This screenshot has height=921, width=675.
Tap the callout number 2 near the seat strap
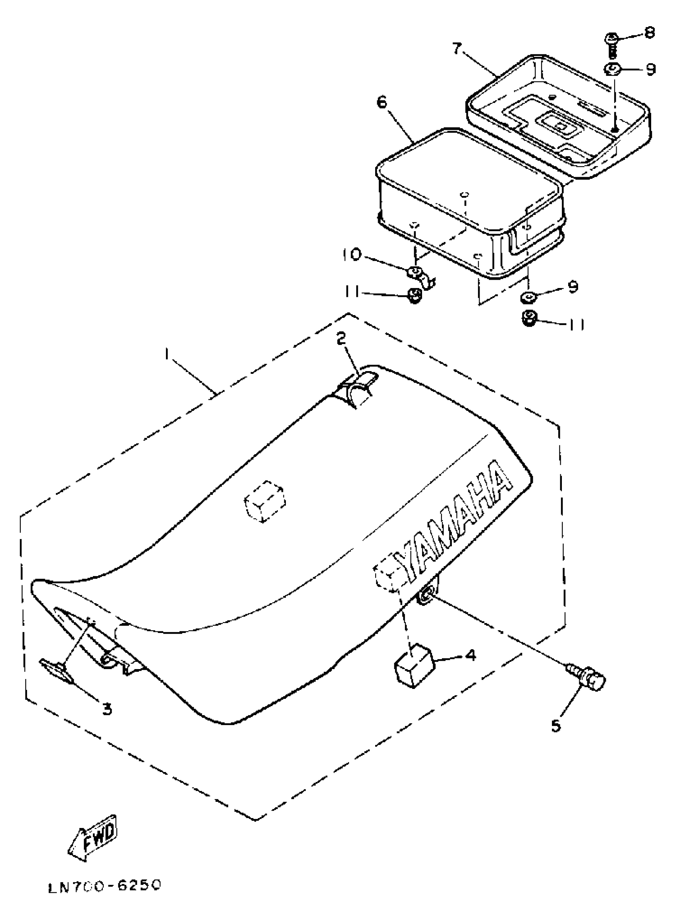click(341, 338)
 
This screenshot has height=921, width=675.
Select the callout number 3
click(107, 710)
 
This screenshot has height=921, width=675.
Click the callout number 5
click(556, 726)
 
